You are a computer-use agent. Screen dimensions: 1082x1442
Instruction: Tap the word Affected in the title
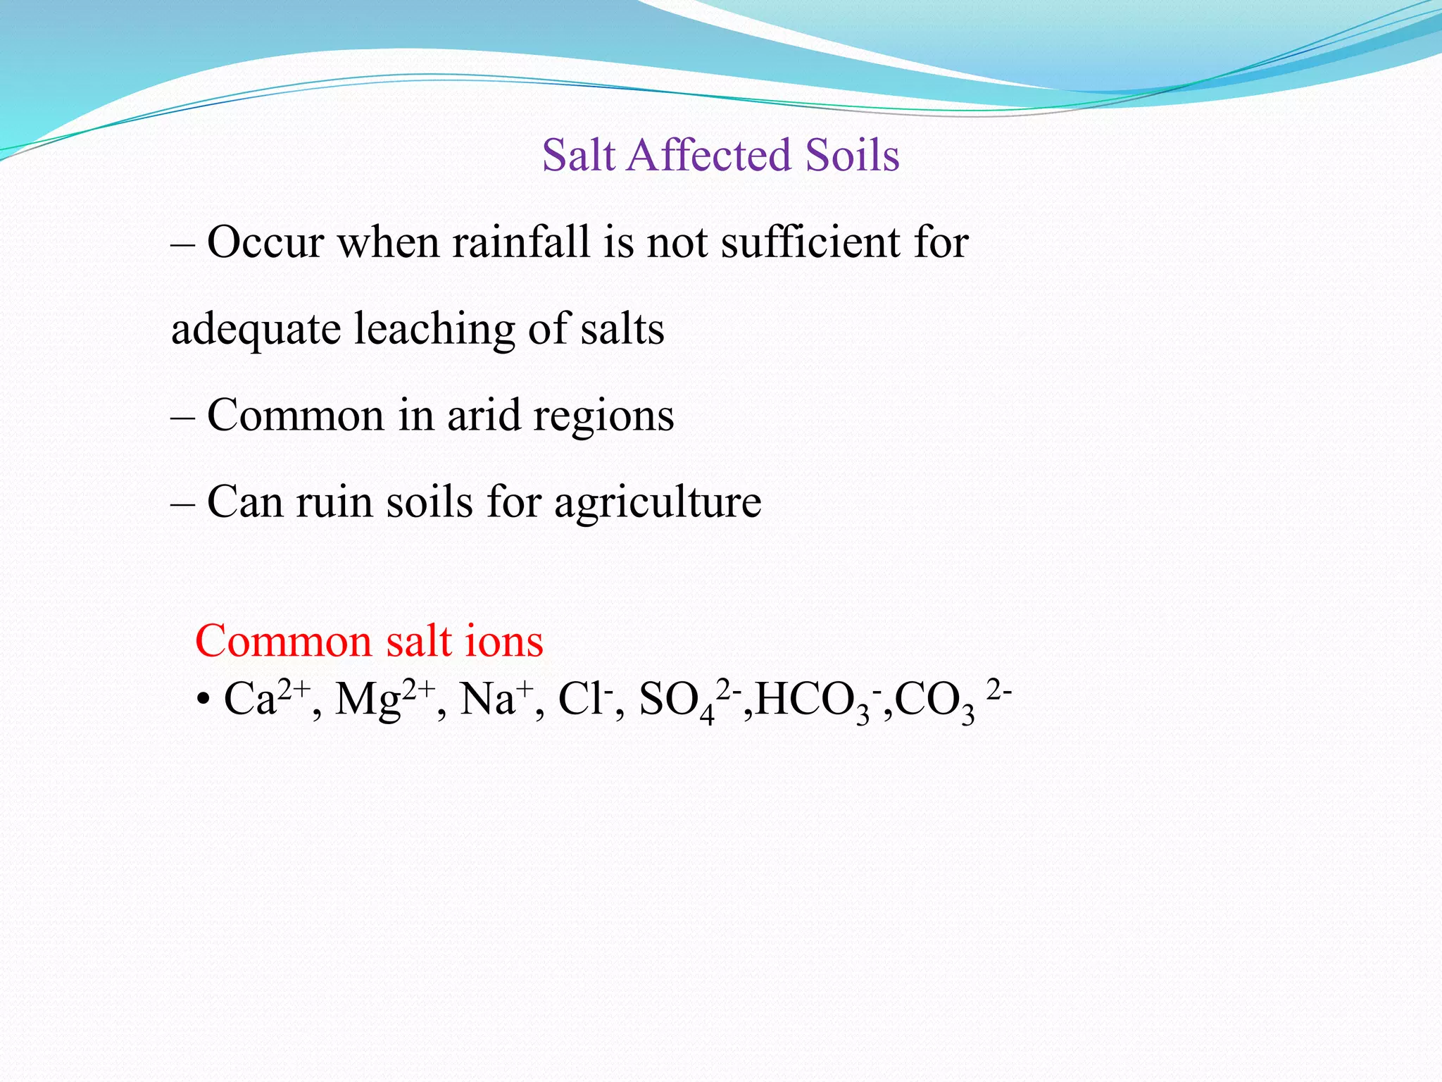711,155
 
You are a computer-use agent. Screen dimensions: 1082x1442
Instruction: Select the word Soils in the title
853,155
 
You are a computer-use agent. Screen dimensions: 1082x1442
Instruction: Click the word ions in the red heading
504,642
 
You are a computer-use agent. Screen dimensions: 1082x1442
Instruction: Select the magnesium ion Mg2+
384,699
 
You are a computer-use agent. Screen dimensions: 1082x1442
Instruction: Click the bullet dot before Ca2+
203,702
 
